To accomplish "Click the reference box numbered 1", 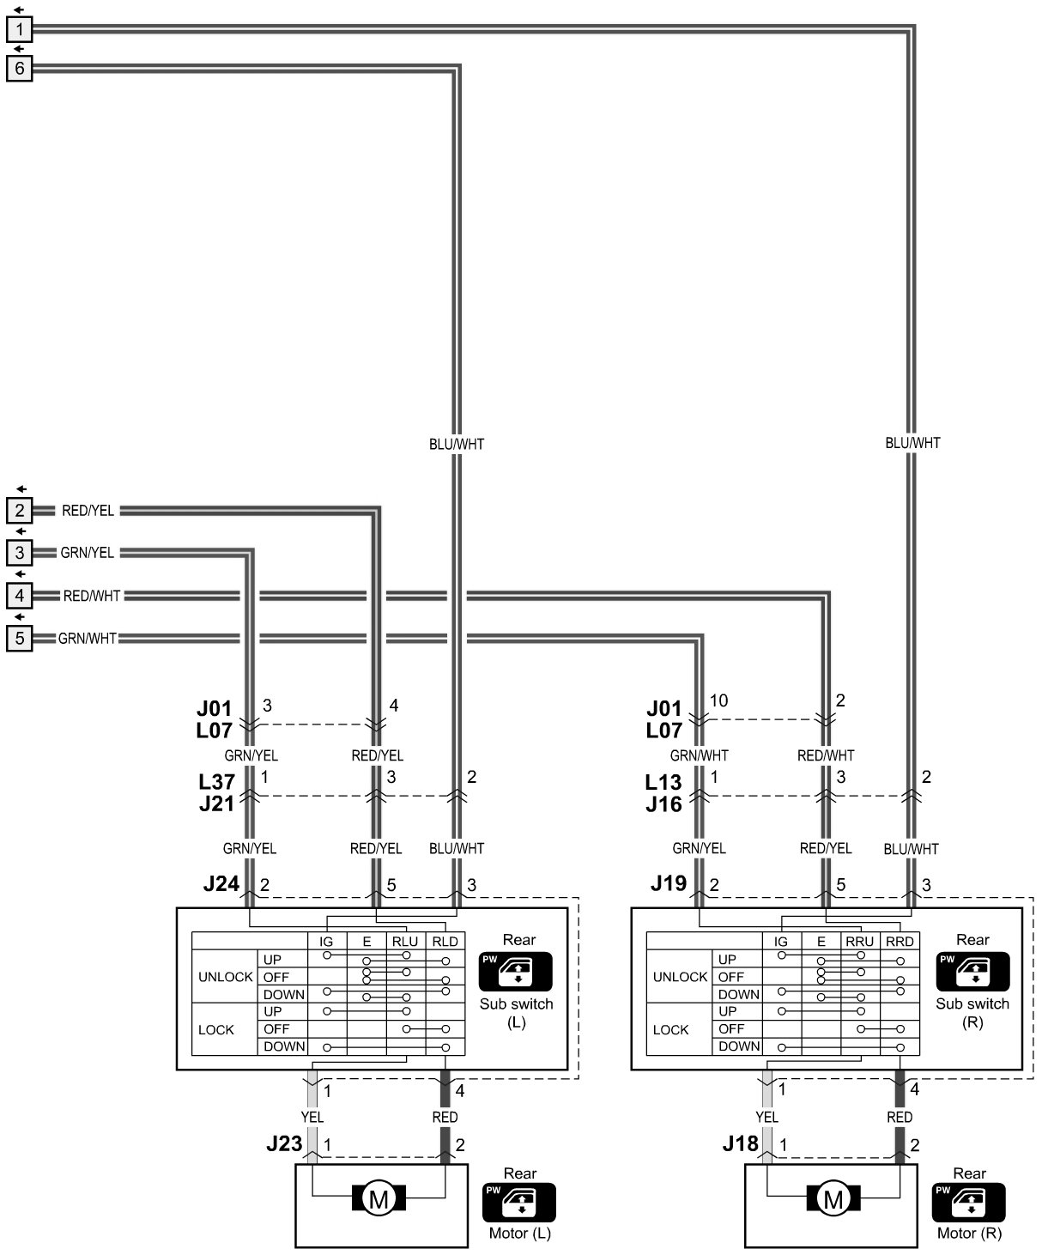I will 19,29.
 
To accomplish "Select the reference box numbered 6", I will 19,68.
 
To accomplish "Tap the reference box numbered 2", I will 19,511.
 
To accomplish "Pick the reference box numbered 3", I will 19,553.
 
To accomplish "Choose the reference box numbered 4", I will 19,595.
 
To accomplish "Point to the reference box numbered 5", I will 19,638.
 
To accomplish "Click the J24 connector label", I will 221,883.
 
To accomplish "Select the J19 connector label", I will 667,883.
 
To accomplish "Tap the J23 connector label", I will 284,1143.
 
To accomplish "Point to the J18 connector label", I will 740,1143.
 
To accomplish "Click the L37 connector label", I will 216,782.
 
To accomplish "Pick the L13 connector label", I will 663,782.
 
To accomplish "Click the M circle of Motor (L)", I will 379,1198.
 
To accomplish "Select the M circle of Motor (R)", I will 833,1198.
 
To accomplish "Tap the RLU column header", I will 405,942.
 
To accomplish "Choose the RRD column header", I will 900,942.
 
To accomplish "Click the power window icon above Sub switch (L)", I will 517,971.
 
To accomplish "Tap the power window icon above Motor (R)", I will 969,1201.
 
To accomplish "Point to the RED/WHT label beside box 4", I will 92,595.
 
